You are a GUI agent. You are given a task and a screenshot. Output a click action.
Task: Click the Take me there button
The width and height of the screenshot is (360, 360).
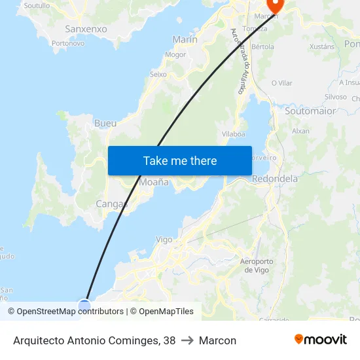[180, 160]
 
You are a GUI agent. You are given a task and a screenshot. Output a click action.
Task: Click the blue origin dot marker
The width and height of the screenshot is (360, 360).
[84, 305]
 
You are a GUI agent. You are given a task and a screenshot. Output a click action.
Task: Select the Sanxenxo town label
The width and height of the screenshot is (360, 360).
[86, 29]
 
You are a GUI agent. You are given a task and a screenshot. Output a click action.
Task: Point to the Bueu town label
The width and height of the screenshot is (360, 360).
[105, 123]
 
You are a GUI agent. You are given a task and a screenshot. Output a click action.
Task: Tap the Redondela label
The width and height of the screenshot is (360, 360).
[275, 178]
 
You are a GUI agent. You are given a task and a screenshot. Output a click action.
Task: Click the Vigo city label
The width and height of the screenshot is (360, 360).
[164, 240]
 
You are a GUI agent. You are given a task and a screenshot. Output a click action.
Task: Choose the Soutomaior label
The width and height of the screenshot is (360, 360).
[310, 111]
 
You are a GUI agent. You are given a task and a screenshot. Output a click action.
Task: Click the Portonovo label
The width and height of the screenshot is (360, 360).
[68, 43]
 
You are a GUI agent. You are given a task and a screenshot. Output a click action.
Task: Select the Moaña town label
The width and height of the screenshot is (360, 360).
[154, 182]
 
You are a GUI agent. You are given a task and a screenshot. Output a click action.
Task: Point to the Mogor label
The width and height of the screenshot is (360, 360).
[175, 54]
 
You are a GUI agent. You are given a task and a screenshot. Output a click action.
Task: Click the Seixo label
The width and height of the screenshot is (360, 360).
[158, 74]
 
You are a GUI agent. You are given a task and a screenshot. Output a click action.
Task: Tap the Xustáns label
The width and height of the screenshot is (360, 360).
[321, 46]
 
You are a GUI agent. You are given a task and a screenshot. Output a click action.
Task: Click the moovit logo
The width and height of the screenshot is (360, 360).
[321, 340]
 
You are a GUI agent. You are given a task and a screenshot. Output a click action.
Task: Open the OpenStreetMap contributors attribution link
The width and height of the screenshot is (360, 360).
[65, 312]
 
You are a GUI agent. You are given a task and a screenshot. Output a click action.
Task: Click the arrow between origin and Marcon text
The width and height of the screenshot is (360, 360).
[187, 340]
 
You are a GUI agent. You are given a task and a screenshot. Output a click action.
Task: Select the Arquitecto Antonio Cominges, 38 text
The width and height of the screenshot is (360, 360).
[94, 340]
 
